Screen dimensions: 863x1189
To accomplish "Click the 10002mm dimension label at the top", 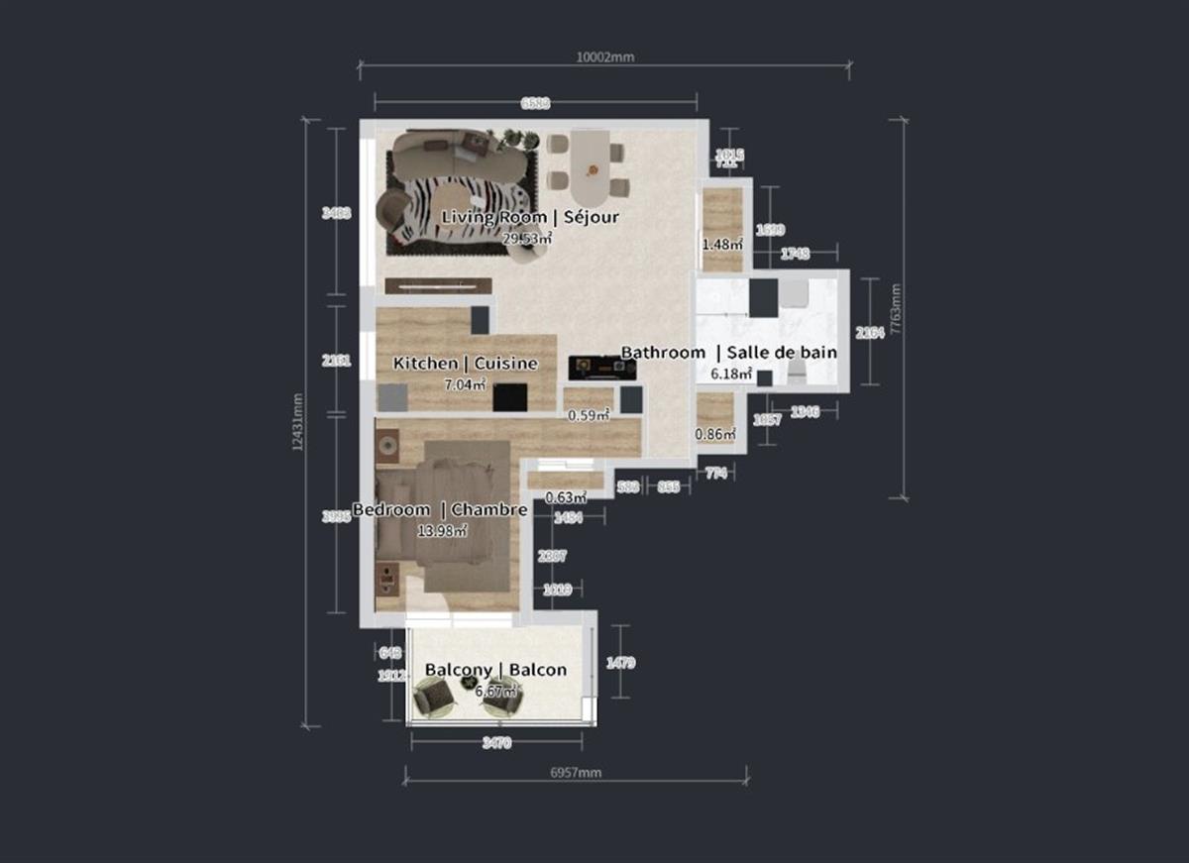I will (604, 56).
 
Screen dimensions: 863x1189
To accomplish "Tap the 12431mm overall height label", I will (297, 422).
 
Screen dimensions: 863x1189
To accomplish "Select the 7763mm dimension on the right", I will (896, 310).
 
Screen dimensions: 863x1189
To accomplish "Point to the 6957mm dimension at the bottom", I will (576, 772).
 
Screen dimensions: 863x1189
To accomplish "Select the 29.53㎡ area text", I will (527, 238).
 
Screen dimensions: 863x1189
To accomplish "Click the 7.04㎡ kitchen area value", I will (465, 383).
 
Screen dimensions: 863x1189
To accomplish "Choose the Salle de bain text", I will (782, 352).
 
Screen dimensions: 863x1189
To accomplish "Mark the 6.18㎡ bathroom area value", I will (731, 375).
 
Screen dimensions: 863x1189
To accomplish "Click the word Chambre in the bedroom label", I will (488, 509).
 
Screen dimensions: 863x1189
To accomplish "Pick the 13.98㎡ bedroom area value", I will (442, 530).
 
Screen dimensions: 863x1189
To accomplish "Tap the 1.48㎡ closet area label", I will (722, 244).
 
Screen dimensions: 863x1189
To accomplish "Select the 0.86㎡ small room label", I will (714, 433).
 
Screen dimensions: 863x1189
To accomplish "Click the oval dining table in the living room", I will (592, 161).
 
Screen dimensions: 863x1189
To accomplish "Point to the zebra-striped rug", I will (451, 208).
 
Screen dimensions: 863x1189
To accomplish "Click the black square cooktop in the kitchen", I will (510, 396).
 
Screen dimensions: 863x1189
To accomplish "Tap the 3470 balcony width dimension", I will (496, 743).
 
